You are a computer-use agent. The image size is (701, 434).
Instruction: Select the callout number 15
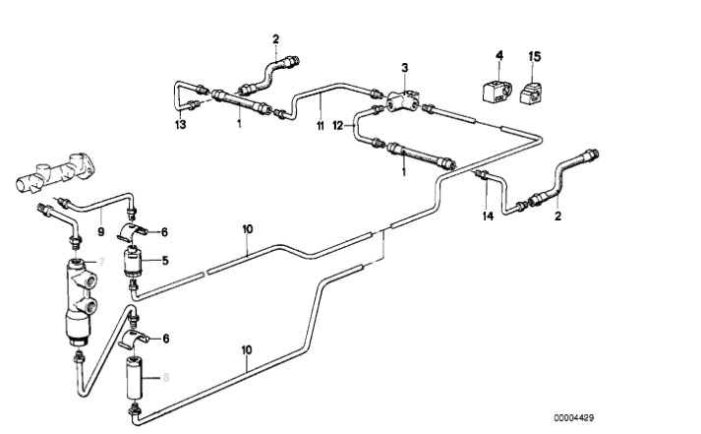535,58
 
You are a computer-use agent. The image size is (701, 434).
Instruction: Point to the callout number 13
180,124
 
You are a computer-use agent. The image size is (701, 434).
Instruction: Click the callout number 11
320,125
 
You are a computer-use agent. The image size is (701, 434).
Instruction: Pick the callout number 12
337,125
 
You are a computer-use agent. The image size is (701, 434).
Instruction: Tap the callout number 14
487,215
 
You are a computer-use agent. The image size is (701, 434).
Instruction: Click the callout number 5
166,261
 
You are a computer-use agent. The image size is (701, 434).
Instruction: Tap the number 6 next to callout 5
166,232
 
